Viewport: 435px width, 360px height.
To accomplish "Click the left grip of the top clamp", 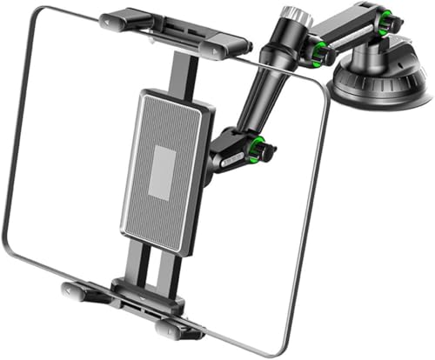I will pos(121,19).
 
